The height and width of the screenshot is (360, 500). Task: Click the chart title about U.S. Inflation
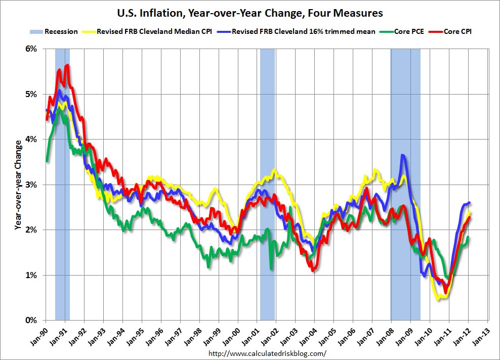[x=249, y=12]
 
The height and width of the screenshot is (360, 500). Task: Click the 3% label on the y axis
[x=31, y=185]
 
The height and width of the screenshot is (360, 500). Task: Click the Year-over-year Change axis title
[x=18, y=185]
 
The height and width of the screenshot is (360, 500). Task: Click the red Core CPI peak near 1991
[x=67, y=65]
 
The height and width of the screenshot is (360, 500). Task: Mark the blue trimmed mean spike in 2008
[x=402, y=155]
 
